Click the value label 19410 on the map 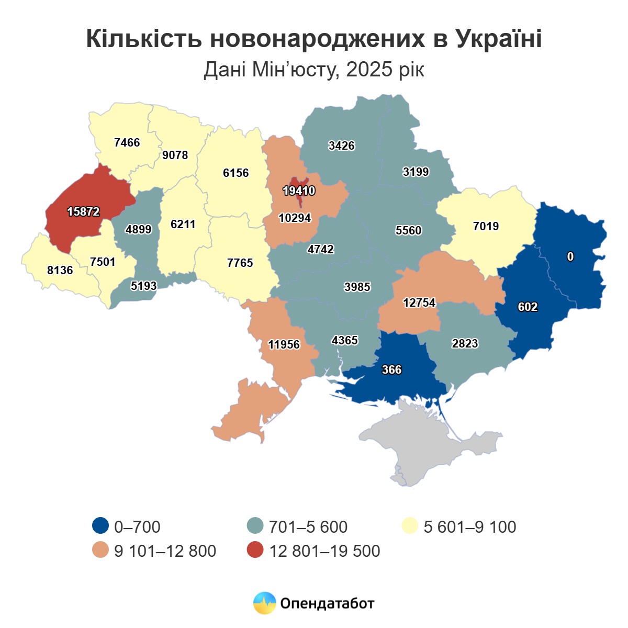coord(299,191)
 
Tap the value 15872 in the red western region coord(84,212)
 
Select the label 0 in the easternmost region coord(570,256)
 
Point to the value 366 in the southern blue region coord(391,370)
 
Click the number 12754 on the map coord(419,303)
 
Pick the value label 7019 coord(486,227)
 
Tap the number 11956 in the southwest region coord(284,344)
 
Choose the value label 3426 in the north coord(342,146)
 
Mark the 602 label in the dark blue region coord(528,307)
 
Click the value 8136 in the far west coord(60,271)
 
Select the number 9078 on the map coord(175,155)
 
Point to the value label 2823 coord(465,344)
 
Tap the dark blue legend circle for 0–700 coord(100,526)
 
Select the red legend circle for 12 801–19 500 coord(255,551)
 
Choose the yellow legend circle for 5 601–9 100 coord(410,526)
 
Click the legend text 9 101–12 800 coord(165,551)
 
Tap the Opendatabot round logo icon coord(264,603)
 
